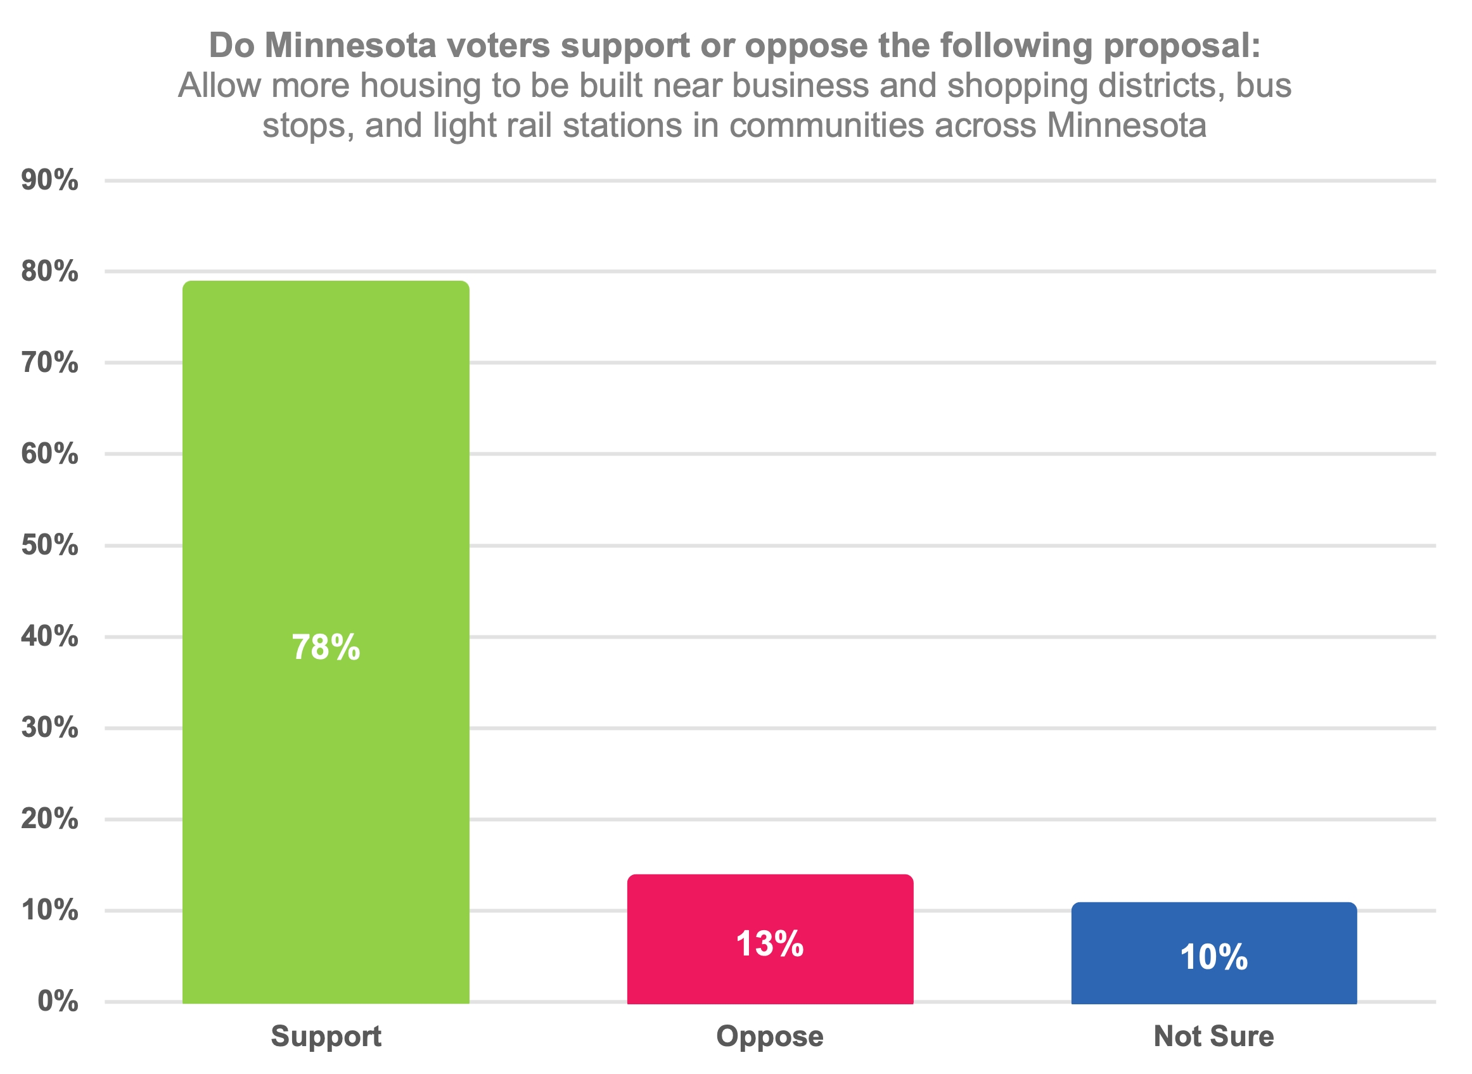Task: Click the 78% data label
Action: (325, 648)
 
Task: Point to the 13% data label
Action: (770, 943)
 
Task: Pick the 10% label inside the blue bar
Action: (1214, 957)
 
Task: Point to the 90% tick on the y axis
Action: (49, 180)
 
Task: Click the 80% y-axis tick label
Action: (49, 271)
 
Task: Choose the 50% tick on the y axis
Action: (49, 545)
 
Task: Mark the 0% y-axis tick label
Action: (57, 1002)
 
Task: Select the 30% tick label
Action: (49, 727)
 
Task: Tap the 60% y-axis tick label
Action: (49, 454)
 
